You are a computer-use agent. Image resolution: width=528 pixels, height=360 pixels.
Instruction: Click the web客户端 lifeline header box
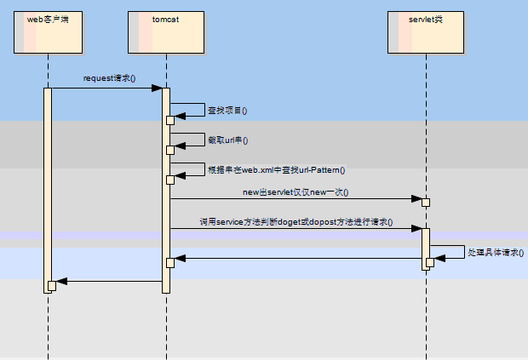(x=48, y=32)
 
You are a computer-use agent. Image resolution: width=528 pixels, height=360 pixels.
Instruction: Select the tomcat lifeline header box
(x=166, y=32)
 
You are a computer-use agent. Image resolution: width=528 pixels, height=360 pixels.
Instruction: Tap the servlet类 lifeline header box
(x=426, y=32)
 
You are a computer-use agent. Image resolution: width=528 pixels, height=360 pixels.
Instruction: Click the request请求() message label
(x=109, y=78)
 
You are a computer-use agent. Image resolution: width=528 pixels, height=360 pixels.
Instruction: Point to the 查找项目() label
(x=227, y=111)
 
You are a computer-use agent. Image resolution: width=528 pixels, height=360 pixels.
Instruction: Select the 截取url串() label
(x=227, y=140)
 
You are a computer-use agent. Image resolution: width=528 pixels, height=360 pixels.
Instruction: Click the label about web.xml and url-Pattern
(x=276, y=170)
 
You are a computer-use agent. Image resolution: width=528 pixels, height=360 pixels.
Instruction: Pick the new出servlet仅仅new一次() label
(x=296, y=192)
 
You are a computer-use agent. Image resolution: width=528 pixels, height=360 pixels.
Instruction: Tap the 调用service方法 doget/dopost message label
(x=296, y=221)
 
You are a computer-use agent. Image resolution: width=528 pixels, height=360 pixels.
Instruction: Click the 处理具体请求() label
(x=496, y=253)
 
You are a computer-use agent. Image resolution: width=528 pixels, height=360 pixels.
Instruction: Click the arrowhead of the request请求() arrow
(x=158, y=88)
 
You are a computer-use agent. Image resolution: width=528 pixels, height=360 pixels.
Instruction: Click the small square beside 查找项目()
(x=170, y=120)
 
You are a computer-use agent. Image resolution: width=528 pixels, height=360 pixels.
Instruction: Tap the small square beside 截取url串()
(x=170, y=150)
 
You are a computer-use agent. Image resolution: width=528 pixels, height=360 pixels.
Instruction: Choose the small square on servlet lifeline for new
(x=426, y=202)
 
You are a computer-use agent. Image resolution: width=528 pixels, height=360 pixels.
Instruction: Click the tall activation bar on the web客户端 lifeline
(x=48, y=187)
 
